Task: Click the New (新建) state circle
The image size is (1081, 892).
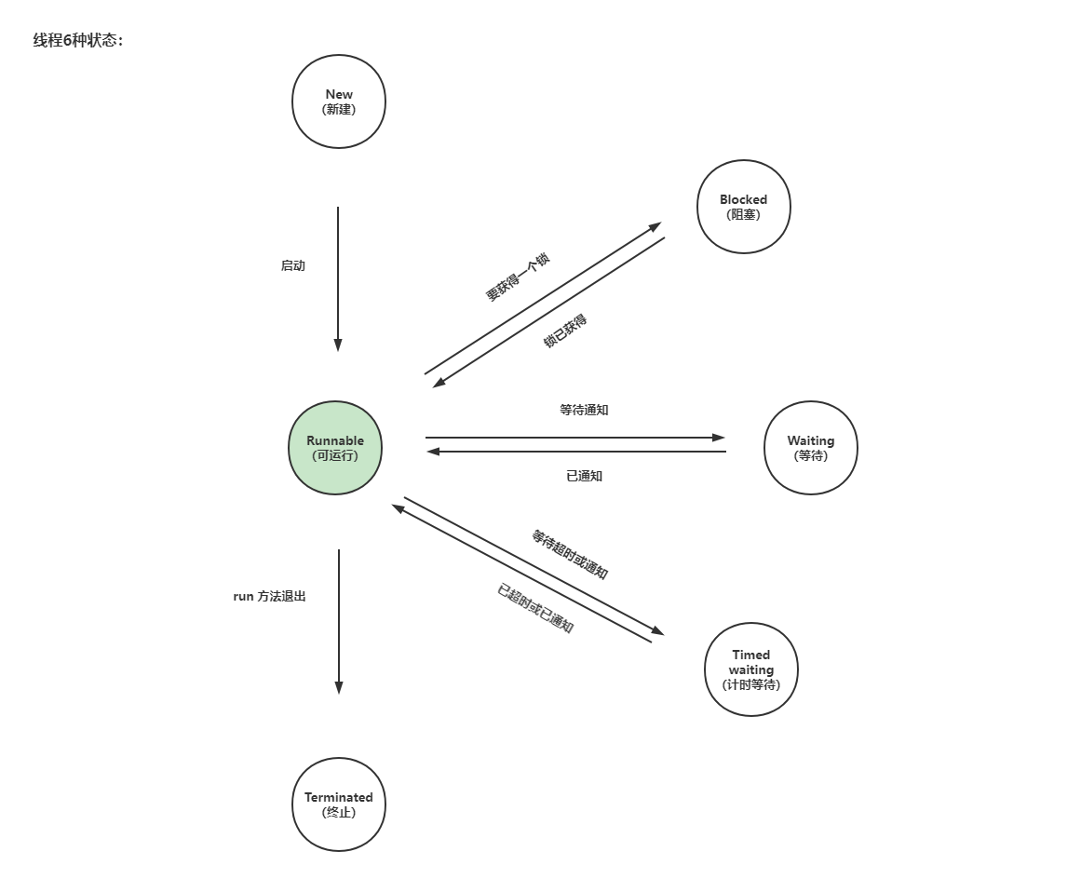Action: tap(339, 101)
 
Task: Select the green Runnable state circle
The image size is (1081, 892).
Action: tap(335, 448)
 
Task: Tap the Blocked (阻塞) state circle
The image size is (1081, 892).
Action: tap(744, 207)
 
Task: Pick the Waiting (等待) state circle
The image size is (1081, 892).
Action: tap(811, 448)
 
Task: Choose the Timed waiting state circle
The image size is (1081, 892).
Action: tap(751, 669)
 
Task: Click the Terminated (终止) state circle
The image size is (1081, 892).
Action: tap(339, 804)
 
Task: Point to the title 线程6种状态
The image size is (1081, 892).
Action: tap(78, 41)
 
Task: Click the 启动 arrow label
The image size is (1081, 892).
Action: tap(293, 266)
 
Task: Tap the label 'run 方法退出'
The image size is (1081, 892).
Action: tap(269, 596)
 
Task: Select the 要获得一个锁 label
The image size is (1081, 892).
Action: tap(518, 277)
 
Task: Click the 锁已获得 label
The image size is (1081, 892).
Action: tap(565, 331)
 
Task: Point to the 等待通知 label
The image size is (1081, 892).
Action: tap(584, 410)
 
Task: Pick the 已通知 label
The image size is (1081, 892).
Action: tap(584, 476)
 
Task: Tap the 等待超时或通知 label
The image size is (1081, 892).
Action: tap(570, 555)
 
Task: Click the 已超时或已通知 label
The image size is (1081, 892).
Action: tap(535, 609)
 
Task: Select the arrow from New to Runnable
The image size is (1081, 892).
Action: tap(338, 279)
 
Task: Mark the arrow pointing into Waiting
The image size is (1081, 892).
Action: tap(575, 438)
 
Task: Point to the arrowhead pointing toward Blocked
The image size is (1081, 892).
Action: tap(655, 226)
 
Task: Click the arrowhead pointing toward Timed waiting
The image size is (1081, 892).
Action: tap(657, 631)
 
